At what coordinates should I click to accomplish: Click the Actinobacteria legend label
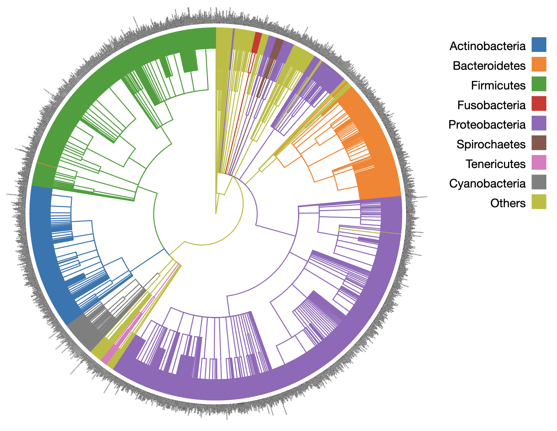point(487,46)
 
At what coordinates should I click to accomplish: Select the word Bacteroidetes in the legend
point(489,66)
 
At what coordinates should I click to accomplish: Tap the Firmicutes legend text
point(498,86)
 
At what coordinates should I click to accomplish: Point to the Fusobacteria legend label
point(491,105)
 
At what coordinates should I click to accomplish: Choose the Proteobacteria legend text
point(487,125)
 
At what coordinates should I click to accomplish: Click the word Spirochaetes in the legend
point(491,144)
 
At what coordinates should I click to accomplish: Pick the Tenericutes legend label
point(495,164)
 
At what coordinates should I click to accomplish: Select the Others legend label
point(508,203)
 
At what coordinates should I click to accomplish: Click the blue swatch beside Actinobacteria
point(539,45)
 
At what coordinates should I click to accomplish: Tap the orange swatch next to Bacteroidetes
point(539,64)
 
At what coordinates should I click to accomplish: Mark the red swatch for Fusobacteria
point(539,103)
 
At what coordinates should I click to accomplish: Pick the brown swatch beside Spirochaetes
point(539,143)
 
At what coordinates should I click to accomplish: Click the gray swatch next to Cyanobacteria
point(539,182)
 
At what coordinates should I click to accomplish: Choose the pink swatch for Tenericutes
point(539,162)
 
